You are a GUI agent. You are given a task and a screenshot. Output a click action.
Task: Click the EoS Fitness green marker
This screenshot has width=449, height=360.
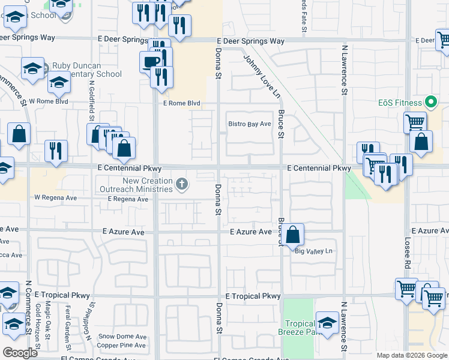pos(429,101)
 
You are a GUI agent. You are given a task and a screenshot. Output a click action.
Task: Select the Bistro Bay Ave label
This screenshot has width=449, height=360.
pos(250,124)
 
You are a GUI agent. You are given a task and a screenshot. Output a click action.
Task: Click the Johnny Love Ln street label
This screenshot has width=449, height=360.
pos(262,76)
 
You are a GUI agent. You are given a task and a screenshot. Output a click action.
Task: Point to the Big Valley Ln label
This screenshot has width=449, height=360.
pos(313,251)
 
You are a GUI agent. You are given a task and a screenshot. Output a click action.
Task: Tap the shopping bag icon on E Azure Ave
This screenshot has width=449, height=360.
pos(293,234)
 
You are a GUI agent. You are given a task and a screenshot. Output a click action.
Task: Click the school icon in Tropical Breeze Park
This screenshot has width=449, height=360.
pos(328,323)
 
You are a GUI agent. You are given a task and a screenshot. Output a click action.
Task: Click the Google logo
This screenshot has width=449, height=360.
pos(20,353)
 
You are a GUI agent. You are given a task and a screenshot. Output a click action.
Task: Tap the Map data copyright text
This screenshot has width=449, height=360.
pos(412,355)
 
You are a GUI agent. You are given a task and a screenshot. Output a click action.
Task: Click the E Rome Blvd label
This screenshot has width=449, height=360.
pos(181,103)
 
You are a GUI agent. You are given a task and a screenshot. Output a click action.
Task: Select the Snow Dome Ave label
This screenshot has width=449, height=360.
pos(122,337)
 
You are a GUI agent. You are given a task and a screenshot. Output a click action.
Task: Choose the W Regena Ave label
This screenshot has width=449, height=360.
pos(56,197)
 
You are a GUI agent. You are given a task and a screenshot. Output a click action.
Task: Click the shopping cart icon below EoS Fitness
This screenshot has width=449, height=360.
pos(415,123)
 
